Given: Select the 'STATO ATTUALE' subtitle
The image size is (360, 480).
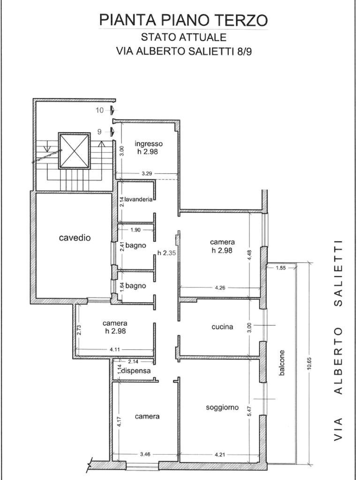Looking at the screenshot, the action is point(183,37).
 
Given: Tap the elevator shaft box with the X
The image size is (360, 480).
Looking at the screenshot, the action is point(75,151).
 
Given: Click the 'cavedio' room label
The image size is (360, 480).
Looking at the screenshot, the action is point(75,238).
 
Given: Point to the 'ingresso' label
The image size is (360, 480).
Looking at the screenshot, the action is point(149,143).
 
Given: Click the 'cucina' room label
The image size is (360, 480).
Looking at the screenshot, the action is point(222,327).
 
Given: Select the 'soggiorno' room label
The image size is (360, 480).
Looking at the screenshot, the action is point(222,407).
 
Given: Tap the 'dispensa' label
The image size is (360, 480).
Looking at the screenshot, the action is point(136,371).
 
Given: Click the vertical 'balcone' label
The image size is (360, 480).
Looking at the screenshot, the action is point(282,363).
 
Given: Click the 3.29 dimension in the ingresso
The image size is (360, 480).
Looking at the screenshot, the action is point(147,174).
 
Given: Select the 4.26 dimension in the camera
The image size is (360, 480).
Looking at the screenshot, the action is point(220,288).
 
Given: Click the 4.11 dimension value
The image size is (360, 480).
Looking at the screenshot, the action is point(115,350).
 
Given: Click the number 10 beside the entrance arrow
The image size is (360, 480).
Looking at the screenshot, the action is point(100,110).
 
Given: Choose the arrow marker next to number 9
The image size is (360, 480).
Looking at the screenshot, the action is point(112,132).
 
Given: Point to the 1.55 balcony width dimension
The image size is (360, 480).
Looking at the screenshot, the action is point(281,268).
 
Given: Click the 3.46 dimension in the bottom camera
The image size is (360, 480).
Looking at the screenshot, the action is point(145,454).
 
